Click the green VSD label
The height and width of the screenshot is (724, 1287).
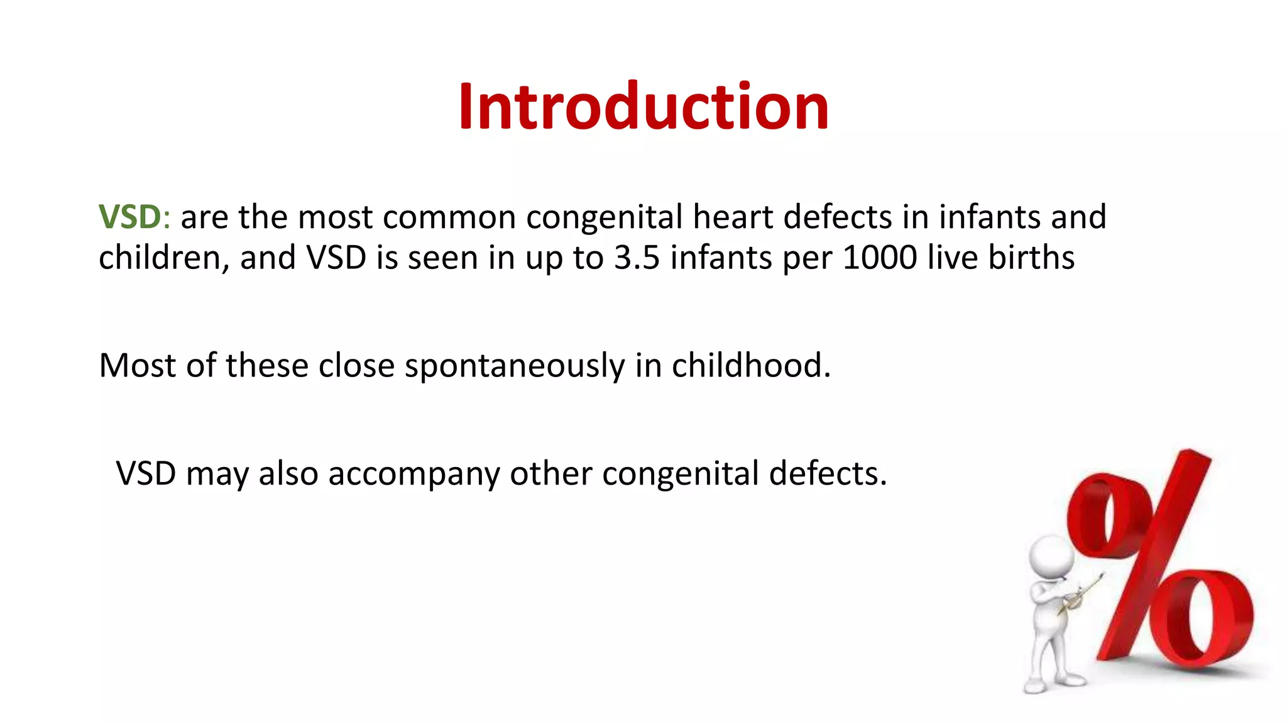pos(129,217)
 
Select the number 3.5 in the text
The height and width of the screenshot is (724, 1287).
pos(637,258)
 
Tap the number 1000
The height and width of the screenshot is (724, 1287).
pos(879,258)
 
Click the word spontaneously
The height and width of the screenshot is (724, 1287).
pos(514,366)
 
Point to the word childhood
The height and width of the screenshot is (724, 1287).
pos(750,365)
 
